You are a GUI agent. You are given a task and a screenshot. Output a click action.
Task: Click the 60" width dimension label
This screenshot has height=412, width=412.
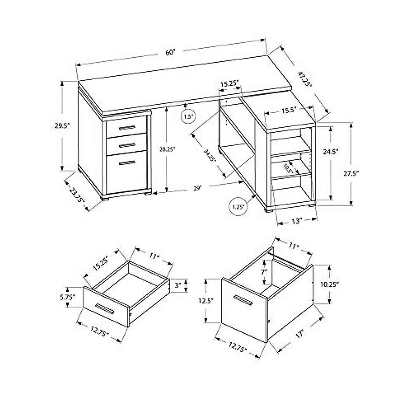click(x=170, y=53)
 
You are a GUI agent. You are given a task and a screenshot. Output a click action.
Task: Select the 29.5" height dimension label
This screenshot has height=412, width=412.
click(x=62, y=126)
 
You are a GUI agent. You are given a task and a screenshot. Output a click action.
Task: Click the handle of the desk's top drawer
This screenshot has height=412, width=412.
click(x=126, y=128)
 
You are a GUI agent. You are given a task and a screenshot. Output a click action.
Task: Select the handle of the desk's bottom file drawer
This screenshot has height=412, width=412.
click(x=128, y=163)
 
